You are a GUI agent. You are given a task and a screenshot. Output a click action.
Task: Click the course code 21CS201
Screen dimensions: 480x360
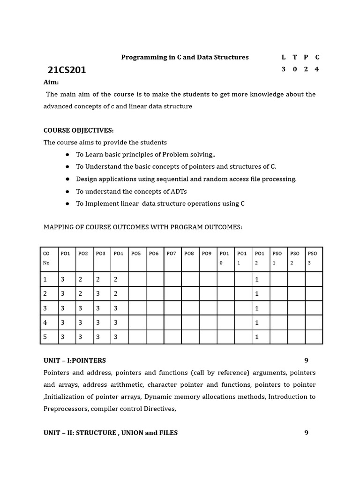pyautogui.click(x=67, y=70)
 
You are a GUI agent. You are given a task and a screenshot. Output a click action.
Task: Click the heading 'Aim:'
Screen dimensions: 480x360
pyautogui.click(x=51, y=82)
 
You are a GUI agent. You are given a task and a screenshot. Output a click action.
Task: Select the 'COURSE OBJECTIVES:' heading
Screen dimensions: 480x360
pyautogui.click(x=78, y=130)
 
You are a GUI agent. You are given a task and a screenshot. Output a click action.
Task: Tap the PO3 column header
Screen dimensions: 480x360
pyautogui.click(x=100, y=254)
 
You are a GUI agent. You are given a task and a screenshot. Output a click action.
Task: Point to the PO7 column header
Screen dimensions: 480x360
pyautogui.click(x=171, y=254)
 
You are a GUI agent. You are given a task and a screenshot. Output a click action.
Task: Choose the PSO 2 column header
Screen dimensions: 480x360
pyautogui.click(x=295, y=258)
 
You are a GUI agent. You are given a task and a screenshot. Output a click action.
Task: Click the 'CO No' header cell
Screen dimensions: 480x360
pyautogui.click(x=46, y=258)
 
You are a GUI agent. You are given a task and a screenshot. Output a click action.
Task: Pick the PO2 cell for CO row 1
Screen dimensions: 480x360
pyautogui.click(x=80, y=279)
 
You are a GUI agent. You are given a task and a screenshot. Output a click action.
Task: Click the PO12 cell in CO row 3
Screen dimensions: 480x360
pyautogui.click(x=257, y=308)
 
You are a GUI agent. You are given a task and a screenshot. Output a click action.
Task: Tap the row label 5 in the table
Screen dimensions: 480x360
pyautogui.click(x=45, y=337)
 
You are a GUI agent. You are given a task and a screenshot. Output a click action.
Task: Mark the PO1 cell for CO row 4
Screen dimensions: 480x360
pyautogui.click(x=62, y=323)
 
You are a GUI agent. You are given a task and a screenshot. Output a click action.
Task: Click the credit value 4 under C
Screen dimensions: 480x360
pyautogui.click(x=317, y=69)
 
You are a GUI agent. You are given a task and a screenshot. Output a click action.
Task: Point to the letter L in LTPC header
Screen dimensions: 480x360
pyautogui.click(x=283, y=57)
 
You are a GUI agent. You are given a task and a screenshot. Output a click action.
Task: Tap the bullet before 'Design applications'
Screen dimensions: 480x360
pyautogui.click(x=67, y=179)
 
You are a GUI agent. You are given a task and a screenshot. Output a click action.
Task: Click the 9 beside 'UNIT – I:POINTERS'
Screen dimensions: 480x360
pyautogui.click(x=306, y=360)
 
